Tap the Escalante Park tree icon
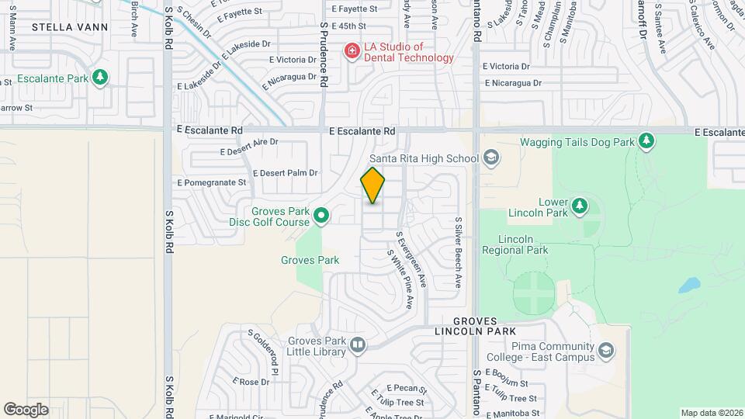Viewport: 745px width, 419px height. pos(99,78)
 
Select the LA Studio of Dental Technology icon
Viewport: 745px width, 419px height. pos(352,51)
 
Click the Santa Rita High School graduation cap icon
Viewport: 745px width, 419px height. pos(490,158)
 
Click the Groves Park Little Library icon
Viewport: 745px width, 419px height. pos(357,345)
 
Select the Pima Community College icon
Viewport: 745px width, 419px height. pos(605,352)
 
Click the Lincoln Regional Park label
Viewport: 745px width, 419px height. pos(515,244)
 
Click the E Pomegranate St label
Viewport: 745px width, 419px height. pos(211,183)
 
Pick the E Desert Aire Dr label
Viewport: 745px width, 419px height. pos(248,142)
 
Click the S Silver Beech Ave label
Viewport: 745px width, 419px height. pos(459,252)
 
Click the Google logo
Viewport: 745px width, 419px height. pos(26,409)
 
